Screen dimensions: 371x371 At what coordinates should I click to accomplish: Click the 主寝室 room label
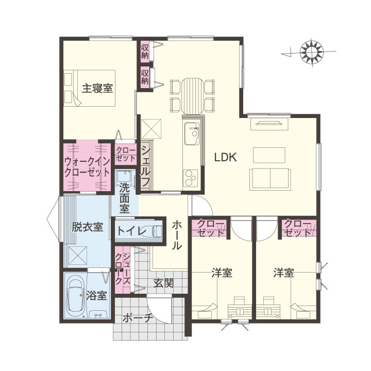click(x=97, y=89)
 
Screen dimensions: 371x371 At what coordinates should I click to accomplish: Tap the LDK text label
click(x=226, y=157)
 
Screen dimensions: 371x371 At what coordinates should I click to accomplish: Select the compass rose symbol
click(x=311, y=52)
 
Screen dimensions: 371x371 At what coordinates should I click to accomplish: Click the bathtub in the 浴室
click(x=76, y=296)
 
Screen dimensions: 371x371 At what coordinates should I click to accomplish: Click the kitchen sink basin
click(x=192, y=133)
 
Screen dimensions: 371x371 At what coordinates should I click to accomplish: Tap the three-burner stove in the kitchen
click(x=191, y=178)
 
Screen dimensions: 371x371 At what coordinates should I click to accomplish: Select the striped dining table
click(x=192, y=96)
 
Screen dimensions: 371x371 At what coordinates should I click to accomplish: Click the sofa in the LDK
click(x=270, y=179)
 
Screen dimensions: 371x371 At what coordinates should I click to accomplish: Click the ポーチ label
click(x=138, y=318)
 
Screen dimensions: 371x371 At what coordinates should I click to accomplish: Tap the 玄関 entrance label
click(x=163, y=283)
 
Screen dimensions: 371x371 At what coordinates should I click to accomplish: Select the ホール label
click(x=177, y=235)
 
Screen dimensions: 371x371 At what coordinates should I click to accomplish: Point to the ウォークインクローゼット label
click(x=87, y=167)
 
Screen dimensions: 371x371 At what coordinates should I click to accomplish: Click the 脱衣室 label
click(x=87, y=227)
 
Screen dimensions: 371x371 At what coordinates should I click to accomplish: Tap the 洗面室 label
click(x=125, y=198)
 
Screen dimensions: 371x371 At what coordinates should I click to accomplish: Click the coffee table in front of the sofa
click(x=269, y=155)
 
